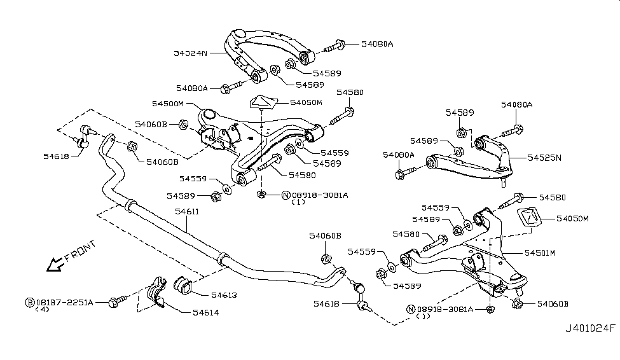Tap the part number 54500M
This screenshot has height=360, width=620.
click(168, 103)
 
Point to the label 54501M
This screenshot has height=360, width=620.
click(540, 253)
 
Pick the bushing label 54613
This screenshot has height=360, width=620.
click(223, 295)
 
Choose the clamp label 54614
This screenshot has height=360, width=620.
click(197, 312)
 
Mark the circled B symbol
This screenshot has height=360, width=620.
click(29, 302)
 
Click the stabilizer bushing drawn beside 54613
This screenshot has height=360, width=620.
click(184, 286)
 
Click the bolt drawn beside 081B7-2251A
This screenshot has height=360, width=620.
click(119, 301)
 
